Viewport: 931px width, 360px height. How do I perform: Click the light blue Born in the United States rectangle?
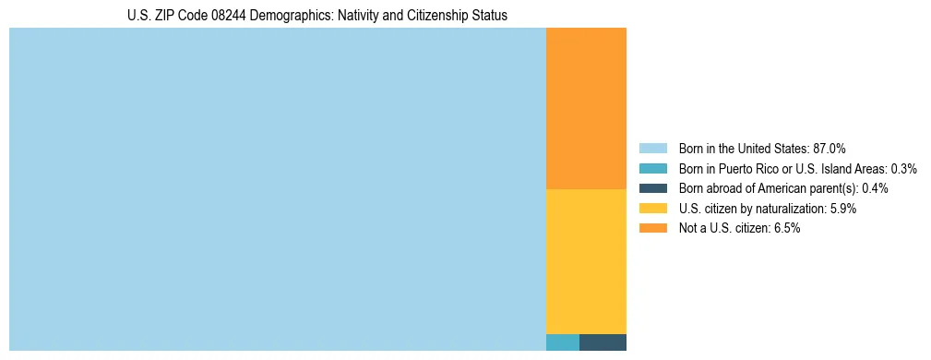(277, 189)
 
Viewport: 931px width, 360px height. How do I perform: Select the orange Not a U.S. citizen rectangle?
(586, 109)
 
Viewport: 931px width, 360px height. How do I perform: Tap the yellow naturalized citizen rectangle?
(586, 261)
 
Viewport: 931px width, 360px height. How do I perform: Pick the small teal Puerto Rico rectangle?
(563, 342)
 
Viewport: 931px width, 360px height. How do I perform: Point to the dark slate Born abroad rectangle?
(603, 342)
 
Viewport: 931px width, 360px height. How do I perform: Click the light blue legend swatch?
(652, 149)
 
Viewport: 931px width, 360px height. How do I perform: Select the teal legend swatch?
(652, 169)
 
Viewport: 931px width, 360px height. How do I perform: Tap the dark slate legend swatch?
(652, 188)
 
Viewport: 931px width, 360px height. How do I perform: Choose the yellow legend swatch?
(652, 209)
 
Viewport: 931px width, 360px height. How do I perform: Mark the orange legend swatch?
(652, 228)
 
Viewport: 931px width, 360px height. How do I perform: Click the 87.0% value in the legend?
(829, 149)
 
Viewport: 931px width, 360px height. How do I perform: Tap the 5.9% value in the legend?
(842, 209)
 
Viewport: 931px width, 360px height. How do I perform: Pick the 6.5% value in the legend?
(786, 228)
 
